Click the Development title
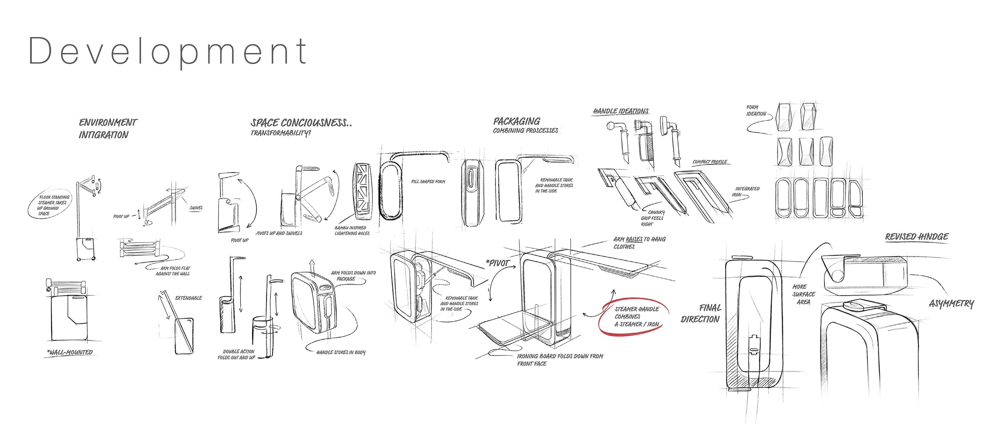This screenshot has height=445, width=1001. coord(168,52)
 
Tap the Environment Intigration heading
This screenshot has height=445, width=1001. coord(107,129)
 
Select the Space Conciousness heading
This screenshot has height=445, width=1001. coord(301,124)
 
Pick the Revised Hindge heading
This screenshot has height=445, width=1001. coord(916,237)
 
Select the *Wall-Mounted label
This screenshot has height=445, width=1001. coord(70,352)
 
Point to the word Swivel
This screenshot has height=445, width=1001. coord(196,208)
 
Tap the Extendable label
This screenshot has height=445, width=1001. coord(188,298)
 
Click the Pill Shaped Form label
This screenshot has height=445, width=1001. coord(428,181)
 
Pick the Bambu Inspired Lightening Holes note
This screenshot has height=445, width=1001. coord(352,230)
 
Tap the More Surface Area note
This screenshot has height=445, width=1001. coord(803,294)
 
